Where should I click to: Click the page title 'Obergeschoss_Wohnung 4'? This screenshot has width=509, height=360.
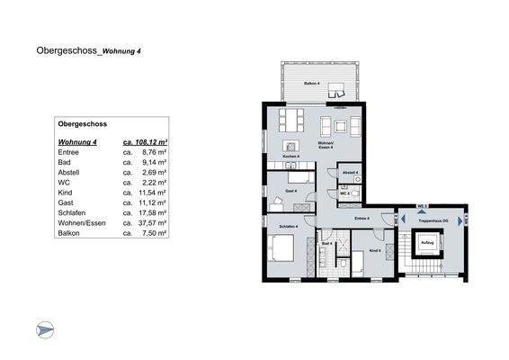[x=88, y=51]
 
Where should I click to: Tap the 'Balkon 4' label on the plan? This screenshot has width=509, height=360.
[x=310, y=83]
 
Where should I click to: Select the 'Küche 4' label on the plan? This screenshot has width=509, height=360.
[x=291, y=157]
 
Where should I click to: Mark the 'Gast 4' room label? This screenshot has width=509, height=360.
[x=290, y=191]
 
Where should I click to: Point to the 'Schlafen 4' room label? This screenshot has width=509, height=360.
[x=288, y=226]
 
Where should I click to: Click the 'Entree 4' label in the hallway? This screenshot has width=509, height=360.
[x=362, y=218]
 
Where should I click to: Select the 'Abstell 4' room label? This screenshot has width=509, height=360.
[x=350, y=172]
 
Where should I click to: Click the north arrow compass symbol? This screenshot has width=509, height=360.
[x=45, y=330]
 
